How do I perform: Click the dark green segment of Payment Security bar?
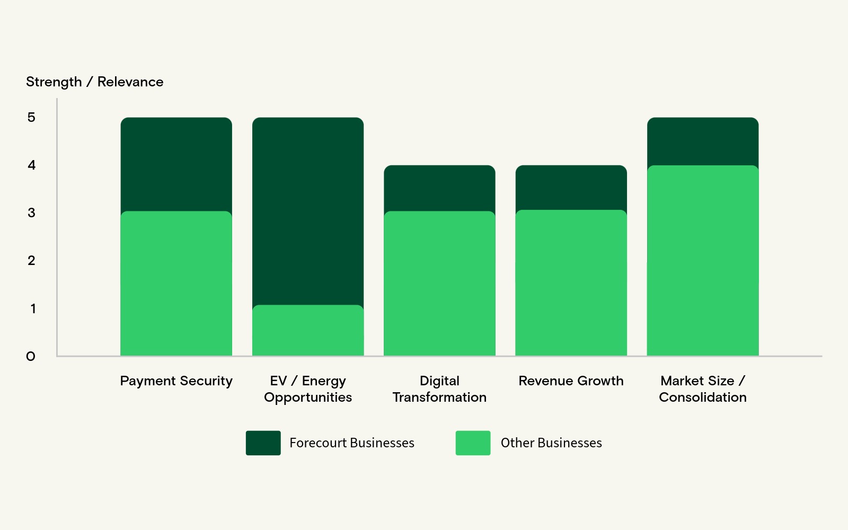coord(176,164)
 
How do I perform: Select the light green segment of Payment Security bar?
coord(176,284)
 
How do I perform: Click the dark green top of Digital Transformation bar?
coord(439,188)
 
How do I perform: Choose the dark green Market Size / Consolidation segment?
coord(702,141)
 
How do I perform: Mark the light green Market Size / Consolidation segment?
coord(702,260)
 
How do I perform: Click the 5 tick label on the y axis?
coord(31,117)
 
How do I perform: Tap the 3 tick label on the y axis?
coord(31,213)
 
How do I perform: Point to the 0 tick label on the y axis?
coord(31,356)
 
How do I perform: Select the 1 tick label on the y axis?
coord(33,308)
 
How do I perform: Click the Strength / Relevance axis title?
coord(94,82)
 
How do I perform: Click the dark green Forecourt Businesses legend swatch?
coord(263,443)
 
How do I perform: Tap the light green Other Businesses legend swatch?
coord(473,443)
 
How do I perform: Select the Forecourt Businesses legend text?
coord(351,443)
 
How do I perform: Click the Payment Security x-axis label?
coord(176,381)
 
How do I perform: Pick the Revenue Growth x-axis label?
coord(571,381)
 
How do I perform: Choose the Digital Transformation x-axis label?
coord(439,388)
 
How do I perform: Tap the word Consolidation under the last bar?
coord(702,397)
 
